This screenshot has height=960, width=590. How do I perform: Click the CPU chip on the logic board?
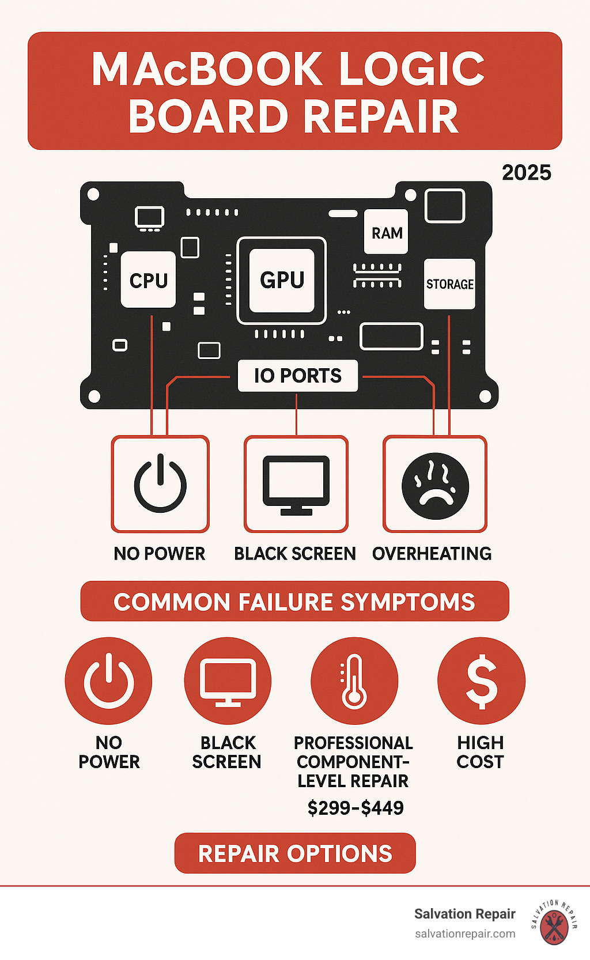coord(148,279)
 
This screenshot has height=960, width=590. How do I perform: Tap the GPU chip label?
coord(282,280)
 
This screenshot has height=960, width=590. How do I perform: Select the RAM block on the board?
coord(386,232)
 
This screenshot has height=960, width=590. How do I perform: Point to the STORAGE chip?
coord(449,284)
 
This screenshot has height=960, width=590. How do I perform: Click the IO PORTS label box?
coord(298,376)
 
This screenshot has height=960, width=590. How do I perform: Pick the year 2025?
coord(526,173)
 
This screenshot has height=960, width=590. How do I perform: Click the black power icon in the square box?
coord(160,483)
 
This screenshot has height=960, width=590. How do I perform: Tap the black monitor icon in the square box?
coord(296,485)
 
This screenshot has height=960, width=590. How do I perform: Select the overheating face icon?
coord(436,486)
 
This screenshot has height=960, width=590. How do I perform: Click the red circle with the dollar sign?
coord(481,681)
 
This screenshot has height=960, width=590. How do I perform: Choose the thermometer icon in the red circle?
coord(354,681)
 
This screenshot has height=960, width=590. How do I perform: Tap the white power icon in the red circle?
coord(109,680)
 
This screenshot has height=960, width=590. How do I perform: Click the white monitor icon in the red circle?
coord(228,682)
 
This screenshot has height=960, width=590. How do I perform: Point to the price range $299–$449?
coord(355,808)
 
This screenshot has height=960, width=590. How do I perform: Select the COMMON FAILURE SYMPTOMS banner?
coord(295,601)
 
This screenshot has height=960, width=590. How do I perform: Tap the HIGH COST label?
coord(481,752)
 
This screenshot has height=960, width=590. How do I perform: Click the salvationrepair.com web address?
coord(465,934)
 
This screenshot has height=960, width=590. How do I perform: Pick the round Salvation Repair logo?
coord(554,923)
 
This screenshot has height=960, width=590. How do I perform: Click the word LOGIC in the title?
coord(411,69)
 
